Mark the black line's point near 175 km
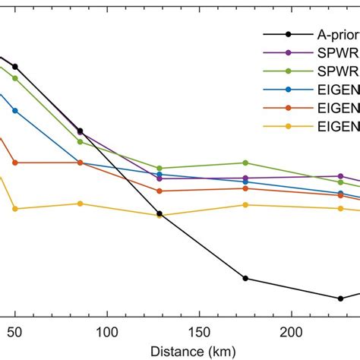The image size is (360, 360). pyautogui.click(x=245, y=278)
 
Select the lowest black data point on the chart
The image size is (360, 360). pyautogui.click(x=340, y=298)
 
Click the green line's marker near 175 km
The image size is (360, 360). pyautogui.click(x=245, y=163)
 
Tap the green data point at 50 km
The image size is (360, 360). pyautogui.click(x=14, y=78)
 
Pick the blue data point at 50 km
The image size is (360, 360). pyautogui.click(x=14, y=111)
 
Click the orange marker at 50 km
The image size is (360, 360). pyautogui.click(x=14, y=163)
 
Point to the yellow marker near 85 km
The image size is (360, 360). pyautogui.click(x=80, y=204)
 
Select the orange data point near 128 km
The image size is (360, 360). pyautogui.click(x=159, y=191)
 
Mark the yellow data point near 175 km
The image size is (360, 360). pyautogui.click(x=245, y=205)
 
